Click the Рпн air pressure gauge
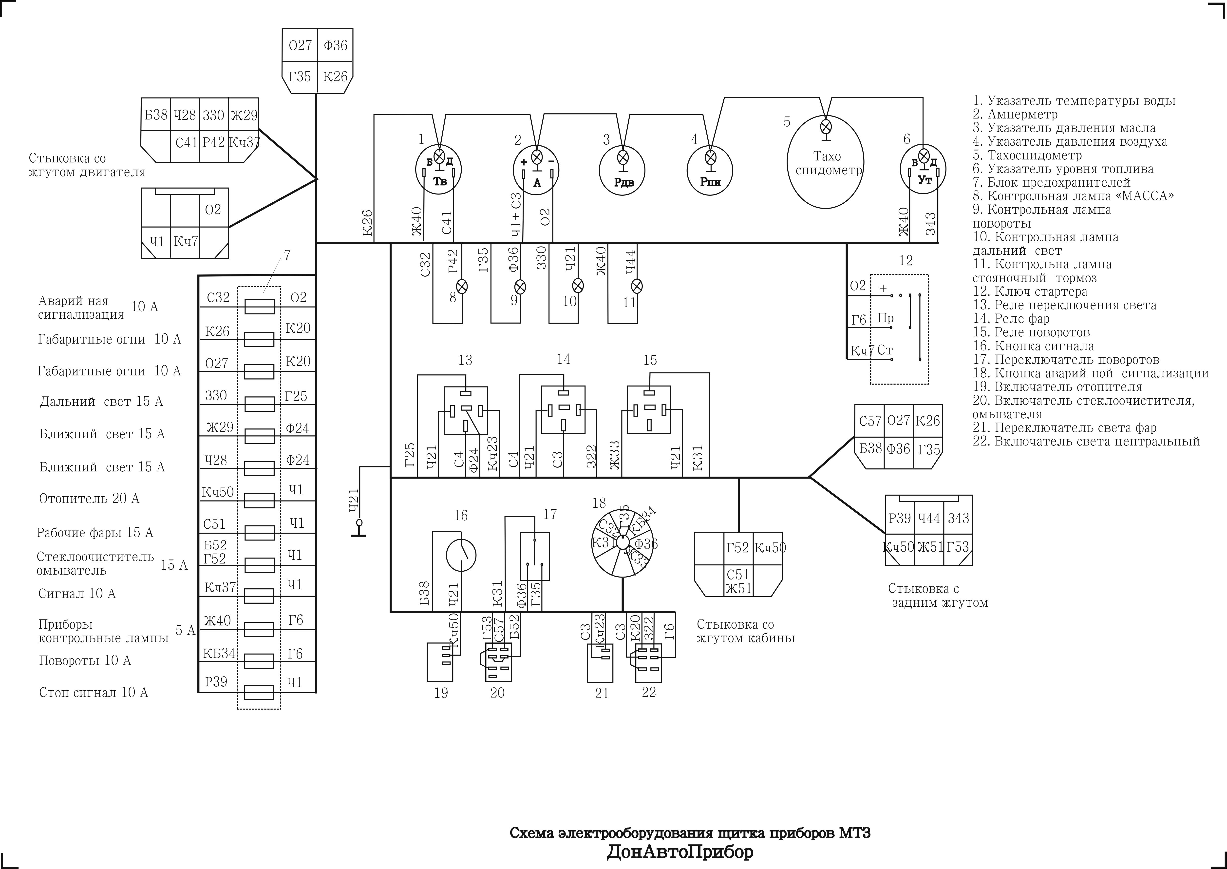(x=710, y=170)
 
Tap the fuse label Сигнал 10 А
(x=77, y=593)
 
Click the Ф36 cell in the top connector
(x=335, y=45)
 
